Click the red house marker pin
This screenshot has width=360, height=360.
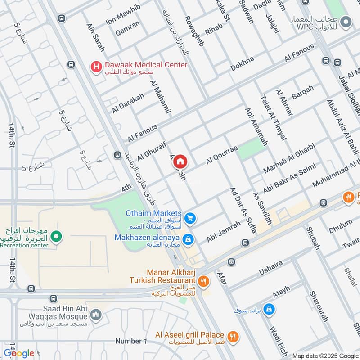(x=180, y=161)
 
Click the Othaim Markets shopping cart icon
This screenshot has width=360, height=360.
(x=190, y=218)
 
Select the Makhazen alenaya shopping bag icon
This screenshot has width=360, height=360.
(x=189, y=239)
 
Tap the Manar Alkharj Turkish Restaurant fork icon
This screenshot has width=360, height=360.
(x=203, y=281)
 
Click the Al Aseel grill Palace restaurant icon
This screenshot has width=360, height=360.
(x=233, y=336)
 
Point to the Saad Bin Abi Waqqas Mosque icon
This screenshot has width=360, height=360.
(x=95, y=314)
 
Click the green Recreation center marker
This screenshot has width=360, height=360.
(x=56, y=236)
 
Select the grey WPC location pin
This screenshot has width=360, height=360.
(x=346, y=21)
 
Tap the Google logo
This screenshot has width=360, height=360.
(x=19, y=353)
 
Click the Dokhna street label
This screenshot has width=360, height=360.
(x=243, y=63)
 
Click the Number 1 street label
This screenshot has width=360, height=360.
(x=131, y=341)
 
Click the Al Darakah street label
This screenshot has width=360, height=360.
(x=128, y=103)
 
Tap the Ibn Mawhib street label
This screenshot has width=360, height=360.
(x=123, y=13)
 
